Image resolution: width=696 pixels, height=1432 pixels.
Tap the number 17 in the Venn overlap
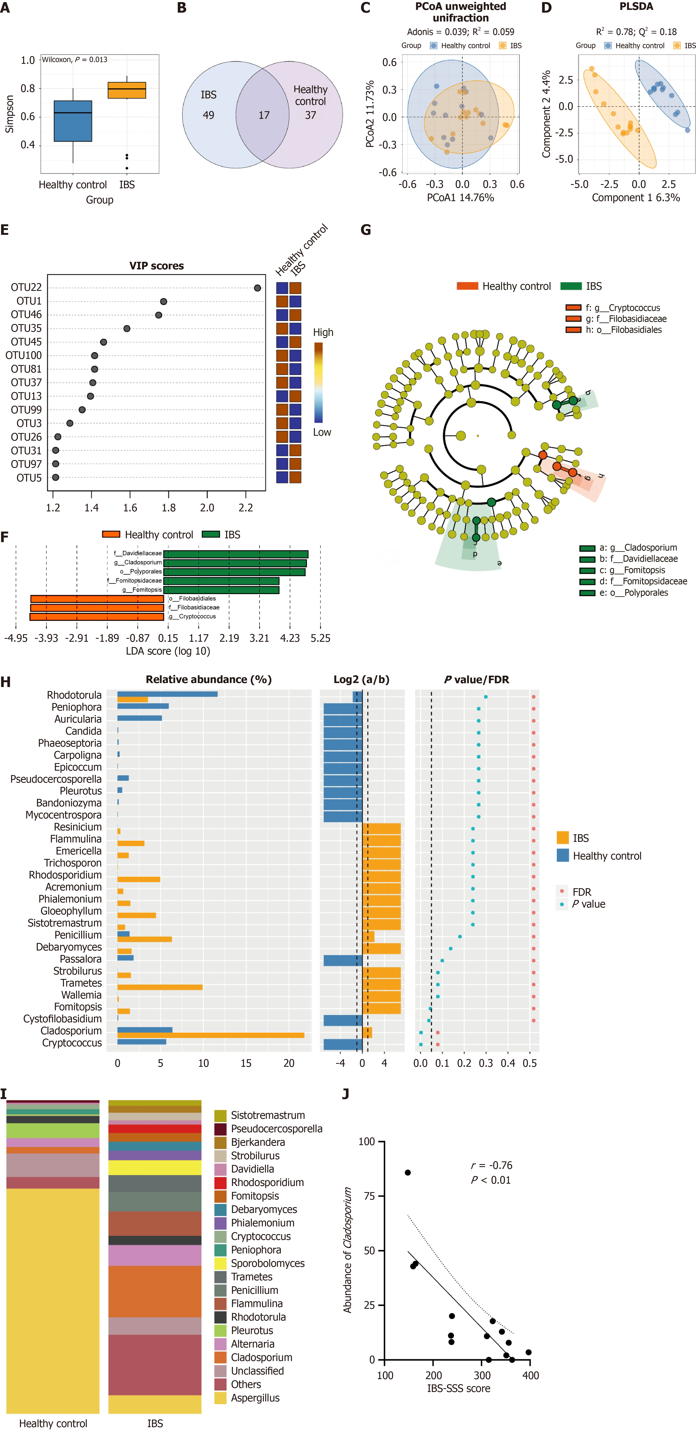tap(263, 115)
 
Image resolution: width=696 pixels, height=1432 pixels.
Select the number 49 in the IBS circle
tap(208, 115)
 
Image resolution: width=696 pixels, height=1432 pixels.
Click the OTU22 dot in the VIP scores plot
tap(257, 288)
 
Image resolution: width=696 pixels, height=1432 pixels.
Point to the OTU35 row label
tap(26, 328)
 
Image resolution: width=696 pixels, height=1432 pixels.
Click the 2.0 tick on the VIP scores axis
tap(207, 507)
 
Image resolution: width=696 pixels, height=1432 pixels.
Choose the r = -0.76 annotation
tap(492, 1165)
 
